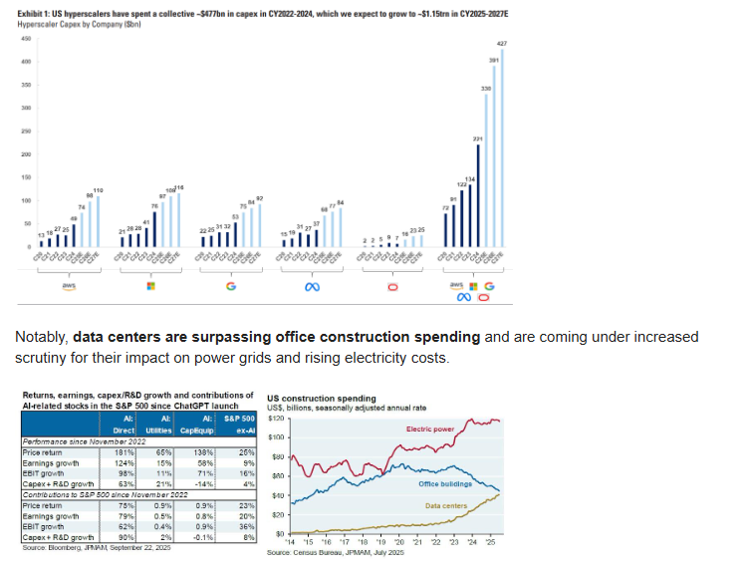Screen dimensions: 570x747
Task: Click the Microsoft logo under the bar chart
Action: coord(149,286)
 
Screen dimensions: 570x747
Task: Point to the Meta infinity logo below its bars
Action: coord(312,286)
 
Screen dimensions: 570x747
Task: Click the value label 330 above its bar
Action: coord(486,89)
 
